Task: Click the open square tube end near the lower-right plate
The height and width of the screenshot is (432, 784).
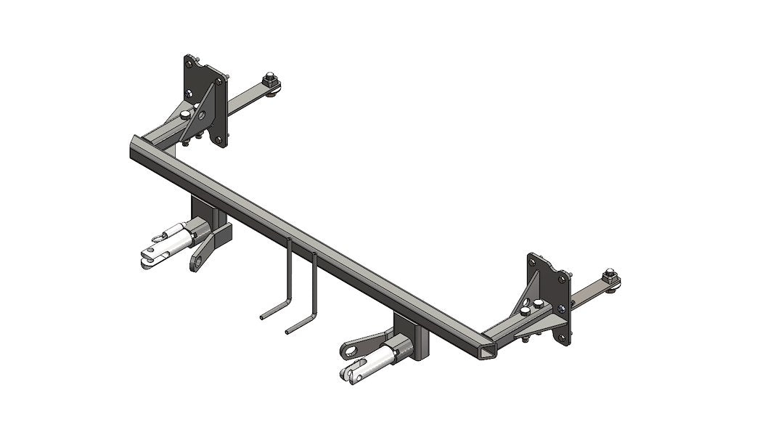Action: click(489, 352)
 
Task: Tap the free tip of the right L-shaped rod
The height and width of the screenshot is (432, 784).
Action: click(288, 332)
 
